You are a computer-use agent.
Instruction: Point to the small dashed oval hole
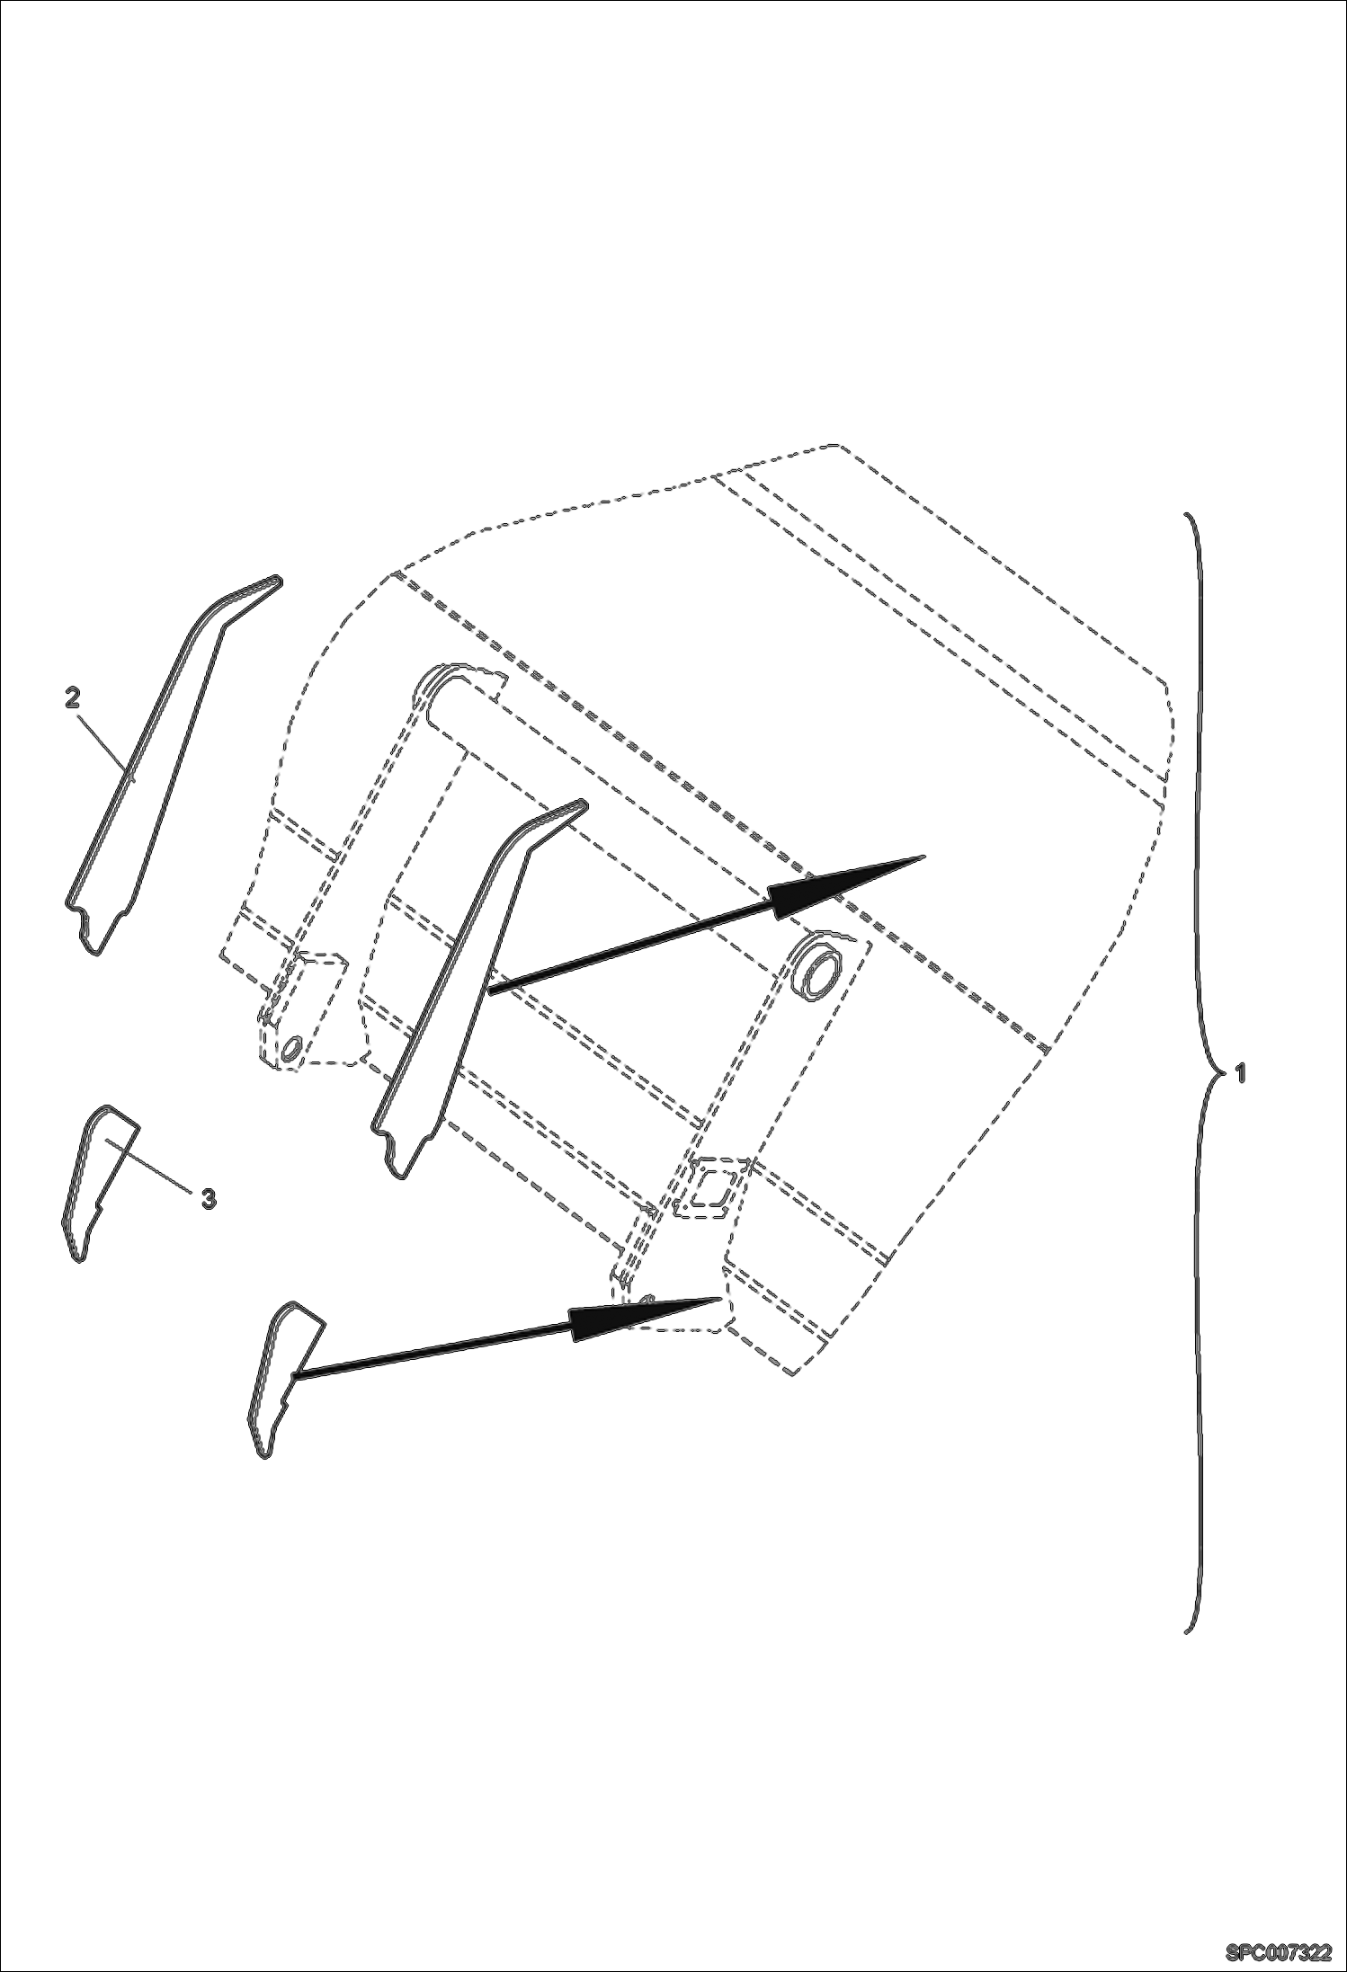coord(290,1050)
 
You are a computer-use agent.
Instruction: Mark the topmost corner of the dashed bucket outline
coord(836,446)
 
